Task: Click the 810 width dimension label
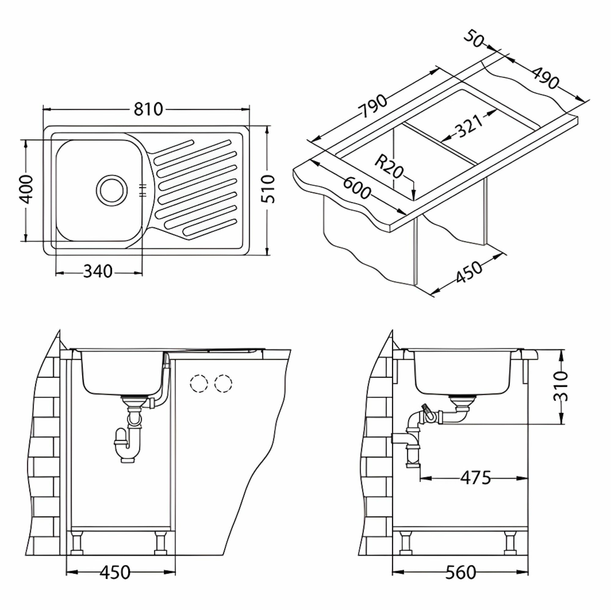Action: point(148,109)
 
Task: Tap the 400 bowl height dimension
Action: point(25,189)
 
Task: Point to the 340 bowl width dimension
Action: point(98,271)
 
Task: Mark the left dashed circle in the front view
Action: point(199,384)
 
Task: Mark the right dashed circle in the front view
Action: point(223,384)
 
